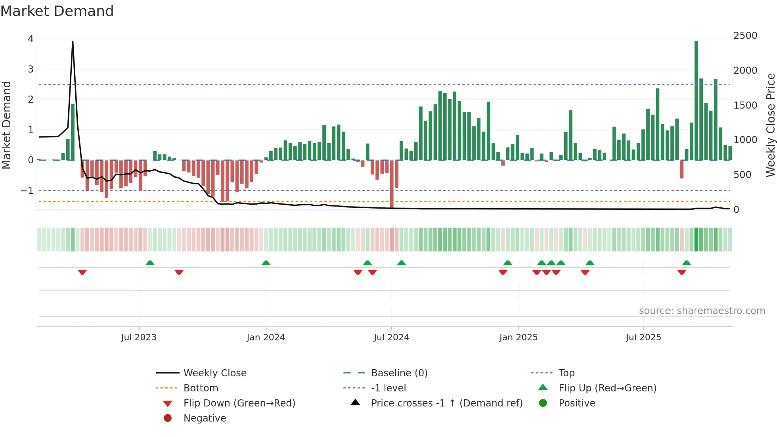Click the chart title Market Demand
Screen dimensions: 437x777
57,11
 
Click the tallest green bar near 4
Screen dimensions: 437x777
696,99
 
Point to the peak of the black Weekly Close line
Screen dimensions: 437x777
73,42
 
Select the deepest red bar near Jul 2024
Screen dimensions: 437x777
392,184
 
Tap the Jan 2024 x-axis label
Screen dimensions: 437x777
266,337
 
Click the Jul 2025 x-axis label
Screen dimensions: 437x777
643,337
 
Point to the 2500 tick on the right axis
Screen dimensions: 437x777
745,36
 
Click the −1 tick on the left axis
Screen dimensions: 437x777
27,191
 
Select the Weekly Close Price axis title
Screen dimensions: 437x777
770,125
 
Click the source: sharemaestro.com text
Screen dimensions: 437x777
702,311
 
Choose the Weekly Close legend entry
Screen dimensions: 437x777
214,373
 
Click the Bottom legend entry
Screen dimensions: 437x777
201,388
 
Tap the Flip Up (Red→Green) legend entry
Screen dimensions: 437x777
607,388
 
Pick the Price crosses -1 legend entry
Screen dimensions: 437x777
446,403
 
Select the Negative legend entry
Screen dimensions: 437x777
205,418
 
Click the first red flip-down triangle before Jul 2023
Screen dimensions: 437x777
82,272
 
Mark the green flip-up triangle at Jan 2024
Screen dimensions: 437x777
266,263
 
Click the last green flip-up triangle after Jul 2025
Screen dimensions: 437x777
687,263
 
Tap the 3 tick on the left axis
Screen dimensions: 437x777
31,69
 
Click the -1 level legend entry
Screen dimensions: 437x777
388,388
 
